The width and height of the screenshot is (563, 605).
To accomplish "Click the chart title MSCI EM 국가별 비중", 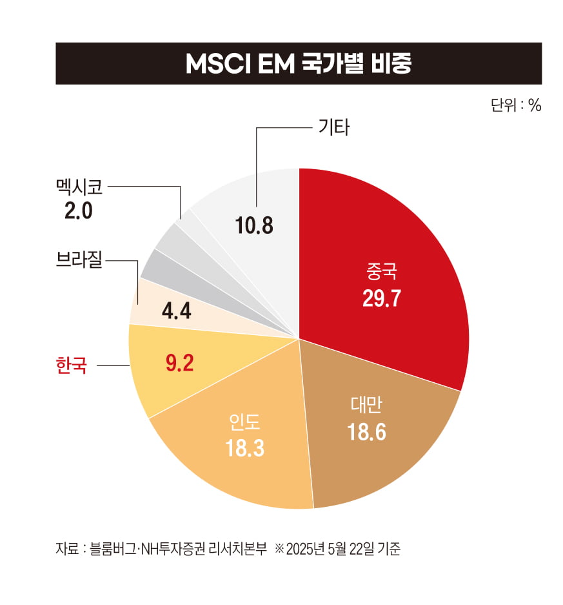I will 298,64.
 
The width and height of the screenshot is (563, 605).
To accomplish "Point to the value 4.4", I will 175,312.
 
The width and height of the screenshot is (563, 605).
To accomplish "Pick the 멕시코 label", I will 79,187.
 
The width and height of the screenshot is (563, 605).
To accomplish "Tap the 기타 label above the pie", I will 333,128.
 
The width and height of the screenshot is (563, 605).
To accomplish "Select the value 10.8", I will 255,227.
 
